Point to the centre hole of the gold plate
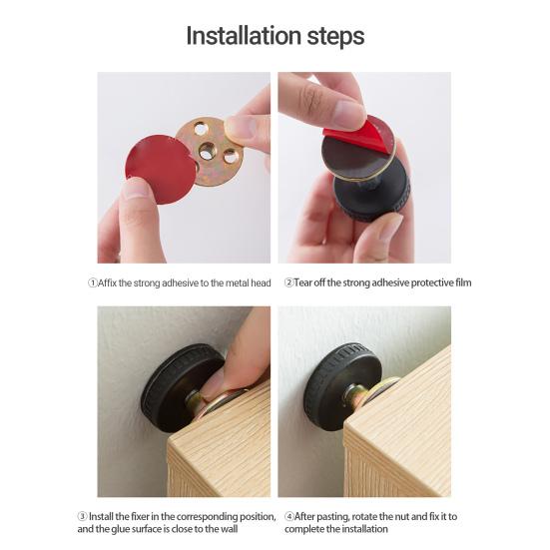coord(207,151)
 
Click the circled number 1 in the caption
coord(93,282)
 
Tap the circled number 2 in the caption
coord(289,282)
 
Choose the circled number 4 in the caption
coord(289,516)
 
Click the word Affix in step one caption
coord(110,282)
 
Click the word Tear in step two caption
coord(305,282)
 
